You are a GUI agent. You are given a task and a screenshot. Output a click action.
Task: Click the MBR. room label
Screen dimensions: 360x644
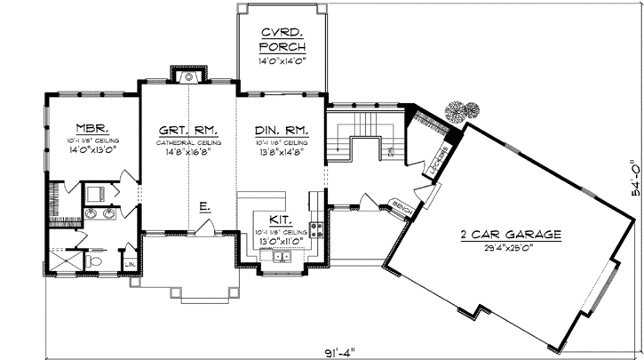coord(91,127)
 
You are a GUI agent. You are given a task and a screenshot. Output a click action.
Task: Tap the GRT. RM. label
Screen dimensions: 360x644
coord(187,127)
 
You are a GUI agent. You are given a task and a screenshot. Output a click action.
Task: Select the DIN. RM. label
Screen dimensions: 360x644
coord(280,127)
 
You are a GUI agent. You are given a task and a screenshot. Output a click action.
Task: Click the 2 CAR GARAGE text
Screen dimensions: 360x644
coord(510,235)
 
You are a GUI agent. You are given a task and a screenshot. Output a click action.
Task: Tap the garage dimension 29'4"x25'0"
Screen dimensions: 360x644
coord(510,248)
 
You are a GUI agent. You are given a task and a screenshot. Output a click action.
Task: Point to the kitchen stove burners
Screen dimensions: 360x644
coord(313,234)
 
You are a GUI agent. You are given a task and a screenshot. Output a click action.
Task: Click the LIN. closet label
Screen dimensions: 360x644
coord(130,264)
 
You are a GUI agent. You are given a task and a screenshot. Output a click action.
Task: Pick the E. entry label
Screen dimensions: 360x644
coord(204,208)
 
